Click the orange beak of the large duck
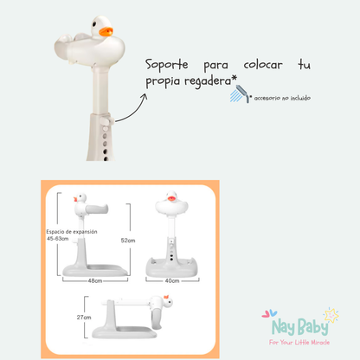(106, 31)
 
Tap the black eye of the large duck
(94, 23)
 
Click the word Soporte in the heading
(166, 65)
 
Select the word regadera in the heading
(208, 81)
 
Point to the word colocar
(263, 65)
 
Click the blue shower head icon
(240, 93)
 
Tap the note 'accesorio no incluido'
(282, 98)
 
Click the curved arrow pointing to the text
(132, 110)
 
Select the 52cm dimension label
(128, 241)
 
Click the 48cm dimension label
(95, 280)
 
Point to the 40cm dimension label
(172, 280)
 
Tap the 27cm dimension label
(84, 318)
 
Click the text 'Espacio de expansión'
(72, 232)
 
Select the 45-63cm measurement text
(58, 239)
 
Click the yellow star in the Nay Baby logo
(331, 315)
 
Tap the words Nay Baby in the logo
(300, 327)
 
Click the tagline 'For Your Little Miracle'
(299, 343)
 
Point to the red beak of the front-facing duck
(171, 198)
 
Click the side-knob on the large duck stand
(106, 119)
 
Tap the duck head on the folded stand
(167, 301)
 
